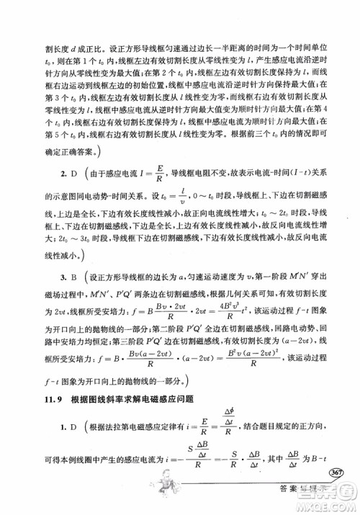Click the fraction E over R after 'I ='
pos(160,172)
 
